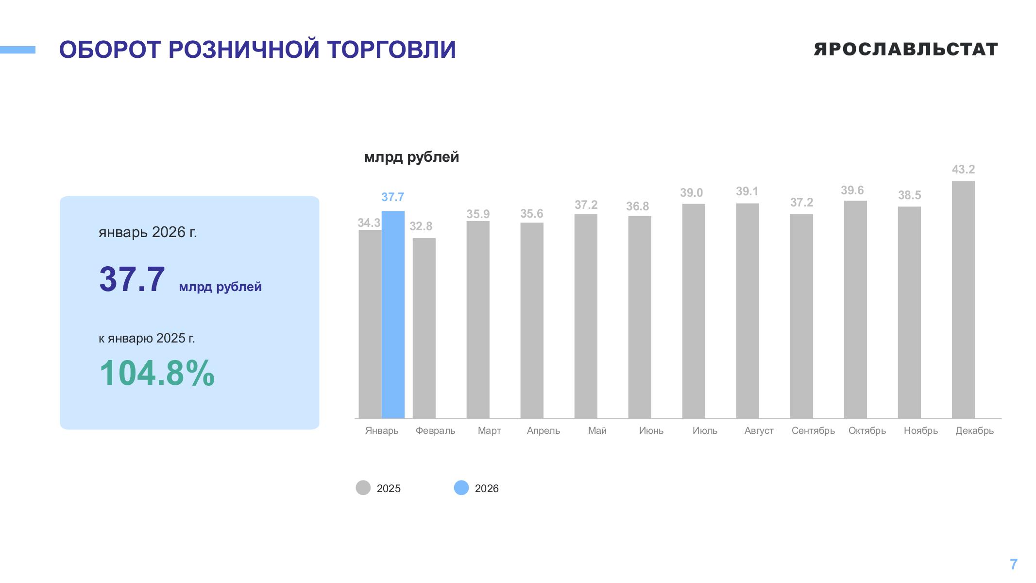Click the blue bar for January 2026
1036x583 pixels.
393,314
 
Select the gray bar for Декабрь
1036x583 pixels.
963,299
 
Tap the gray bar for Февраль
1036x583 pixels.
424,328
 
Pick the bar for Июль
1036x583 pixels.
694,311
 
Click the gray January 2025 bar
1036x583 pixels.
370,324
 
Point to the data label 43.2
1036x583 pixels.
963,170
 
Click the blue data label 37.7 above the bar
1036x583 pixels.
392,197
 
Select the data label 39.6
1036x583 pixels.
852,190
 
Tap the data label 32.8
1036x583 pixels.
421,226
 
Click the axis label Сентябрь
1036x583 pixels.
813,431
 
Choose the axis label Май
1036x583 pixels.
597,431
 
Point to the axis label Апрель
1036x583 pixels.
543,431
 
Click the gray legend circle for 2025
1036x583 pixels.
363,488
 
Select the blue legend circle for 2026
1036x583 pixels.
461,488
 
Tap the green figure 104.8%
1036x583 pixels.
157,373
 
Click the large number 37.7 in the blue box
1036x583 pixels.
132,279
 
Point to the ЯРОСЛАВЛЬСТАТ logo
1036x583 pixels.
906,49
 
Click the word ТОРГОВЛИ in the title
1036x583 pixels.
391,50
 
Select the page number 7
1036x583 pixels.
1014,565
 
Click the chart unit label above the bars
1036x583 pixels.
411,157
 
